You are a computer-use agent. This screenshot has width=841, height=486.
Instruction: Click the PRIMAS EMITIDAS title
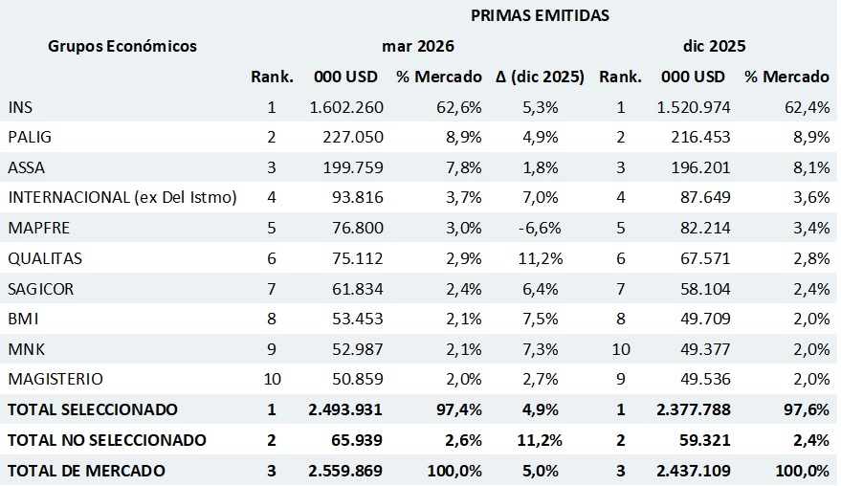[541, 15]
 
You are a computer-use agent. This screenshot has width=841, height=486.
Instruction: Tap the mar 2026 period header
[417, 46]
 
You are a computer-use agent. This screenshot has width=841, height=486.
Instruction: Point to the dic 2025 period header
[715, 46]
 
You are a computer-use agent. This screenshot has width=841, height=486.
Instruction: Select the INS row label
[20, 107]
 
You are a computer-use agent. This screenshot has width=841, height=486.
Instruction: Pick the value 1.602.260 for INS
[346, 107]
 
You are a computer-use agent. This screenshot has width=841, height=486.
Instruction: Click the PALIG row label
[30, 138]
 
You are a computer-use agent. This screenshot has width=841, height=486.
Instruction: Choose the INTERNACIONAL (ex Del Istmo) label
[122, 198]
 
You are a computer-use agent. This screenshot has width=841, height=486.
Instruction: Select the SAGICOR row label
[40, 289]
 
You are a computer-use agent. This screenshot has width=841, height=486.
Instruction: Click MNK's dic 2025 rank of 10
[620, 349]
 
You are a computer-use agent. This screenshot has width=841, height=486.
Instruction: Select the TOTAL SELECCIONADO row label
[93, 409]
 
